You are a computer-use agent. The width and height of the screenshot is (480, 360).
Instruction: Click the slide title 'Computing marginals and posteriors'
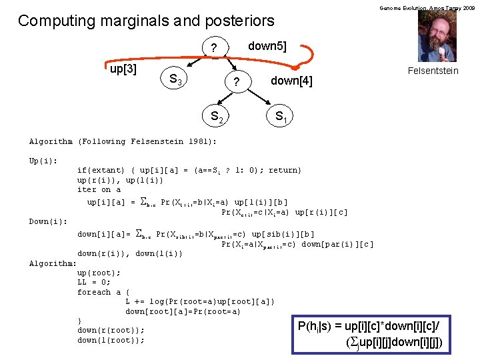tap(146, 21)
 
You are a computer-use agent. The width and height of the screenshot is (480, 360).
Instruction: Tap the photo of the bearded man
tap(437, 37)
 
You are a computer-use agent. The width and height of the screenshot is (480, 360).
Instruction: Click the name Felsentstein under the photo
tap(433, 71)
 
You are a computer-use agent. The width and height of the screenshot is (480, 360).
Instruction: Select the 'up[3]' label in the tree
tap(123, 69)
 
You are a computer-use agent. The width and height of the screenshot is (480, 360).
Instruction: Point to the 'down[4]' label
tap(291, 81)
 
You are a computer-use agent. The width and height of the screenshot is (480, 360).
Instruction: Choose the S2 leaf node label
tap(217, 117)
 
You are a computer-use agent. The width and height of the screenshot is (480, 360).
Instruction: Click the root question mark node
tap(213, 49)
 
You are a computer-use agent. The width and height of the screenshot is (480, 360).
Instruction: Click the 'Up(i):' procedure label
tap(43, 161)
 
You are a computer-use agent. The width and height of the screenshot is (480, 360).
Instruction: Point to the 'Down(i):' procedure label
tap(48, 221)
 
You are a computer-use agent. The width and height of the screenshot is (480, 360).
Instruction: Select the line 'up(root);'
tap(99, 273)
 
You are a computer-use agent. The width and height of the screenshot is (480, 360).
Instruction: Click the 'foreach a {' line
tap(103, 292)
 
